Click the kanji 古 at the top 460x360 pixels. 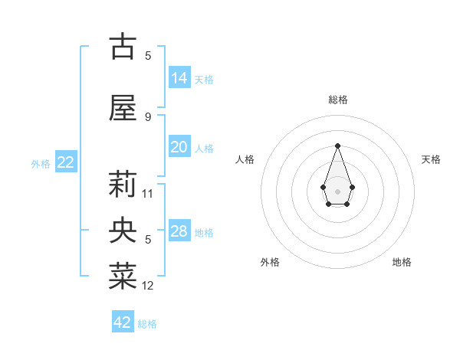(123, 47)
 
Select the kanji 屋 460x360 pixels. (123, 108)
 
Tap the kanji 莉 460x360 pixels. (123, 184)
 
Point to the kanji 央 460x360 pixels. (123, 230)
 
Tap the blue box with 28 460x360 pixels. (179, 231)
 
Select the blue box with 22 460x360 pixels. (65, 162)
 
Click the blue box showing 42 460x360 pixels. (123, 322)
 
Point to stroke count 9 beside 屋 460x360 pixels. (148, 116)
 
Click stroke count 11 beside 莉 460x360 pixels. (149, 193)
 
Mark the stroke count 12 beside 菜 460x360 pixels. (149, 286)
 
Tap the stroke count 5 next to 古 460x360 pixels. (148, 55)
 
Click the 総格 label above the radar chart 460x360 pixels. (337, 100)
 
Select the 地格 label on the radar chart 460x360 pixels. (402, 262)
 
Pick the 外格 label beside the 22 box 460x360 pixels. (41, 164)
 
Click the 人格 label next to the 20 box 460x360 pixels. (204, 149)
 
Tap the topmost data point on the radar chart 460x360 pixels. (337, 146)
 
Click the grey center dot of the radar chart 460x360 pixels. (337, 191)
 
